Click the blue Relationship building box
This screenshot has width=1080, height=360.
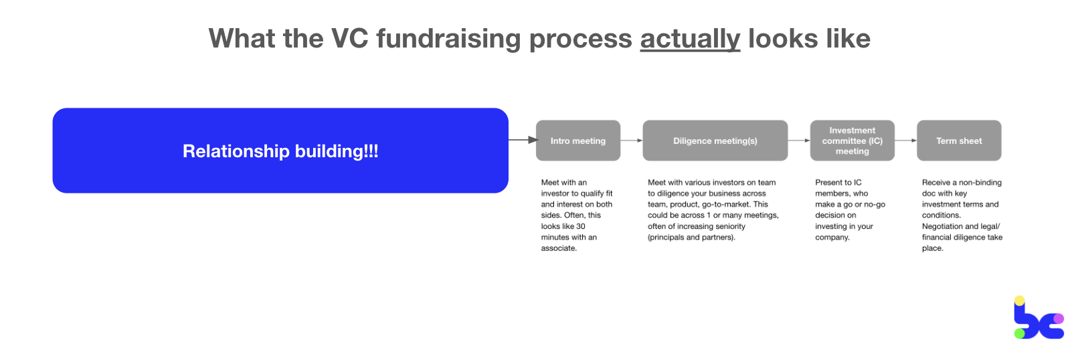[280, 151]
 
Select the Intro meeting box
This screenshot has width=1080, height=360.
[578, 141]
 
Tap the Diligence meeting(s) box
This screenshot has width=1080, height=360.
[715, 141]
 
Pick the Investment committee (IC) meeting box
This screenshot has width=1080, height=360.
[852, 141]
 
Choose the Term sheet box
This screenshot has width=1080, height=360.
[959, 141]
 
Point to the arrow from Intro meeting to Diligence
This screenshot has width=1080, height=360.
[632, 141]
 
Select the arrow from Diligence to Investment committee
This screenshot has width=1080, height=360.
[799, 141]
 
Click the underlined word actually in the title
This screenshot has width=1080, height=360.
[690, 39]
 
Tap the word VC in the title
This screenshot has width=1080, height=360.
[349, 39]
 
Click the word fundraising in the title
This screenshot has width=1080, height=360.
[448, 39]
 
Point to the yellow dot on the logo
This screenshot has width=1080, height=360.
[1019, 301]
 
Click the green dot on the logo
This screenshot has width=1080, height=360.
[1019, 333]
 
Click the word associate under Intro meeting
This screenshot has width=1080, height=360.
[558, 248]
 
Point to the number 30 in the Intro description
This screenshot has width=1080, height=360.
[581, 226]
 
